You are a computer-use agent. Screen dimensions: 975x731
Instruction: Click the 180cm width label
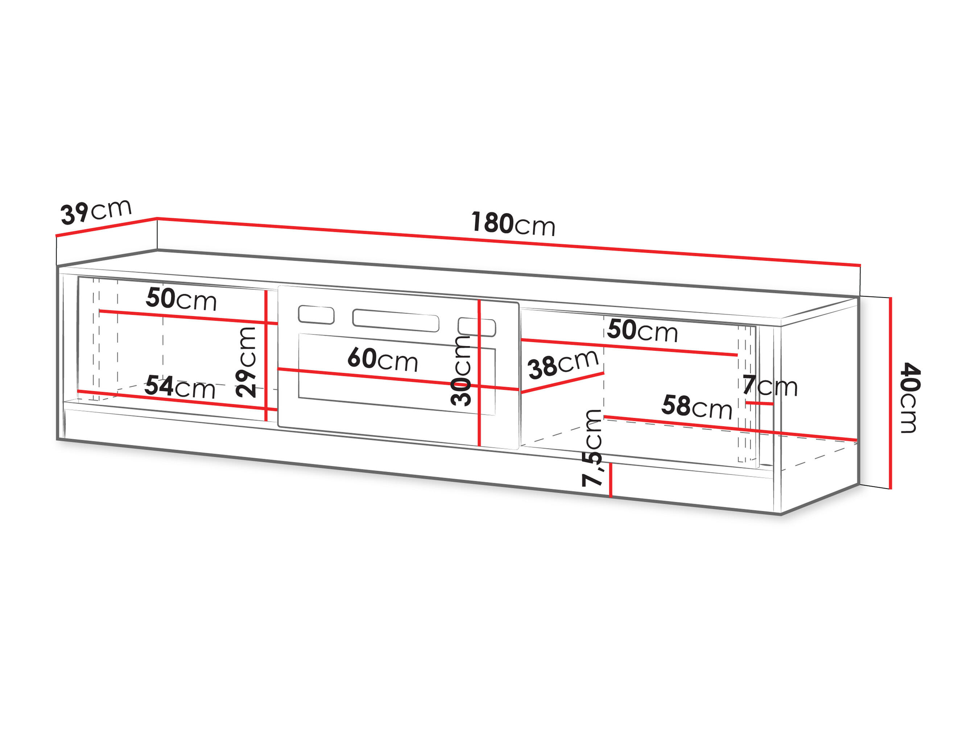point(513,224)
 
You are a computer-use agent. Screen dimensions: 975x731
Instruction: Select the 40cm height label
point(910,398)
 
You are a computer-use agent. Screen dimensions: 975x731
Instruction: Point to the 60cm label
point(383,359)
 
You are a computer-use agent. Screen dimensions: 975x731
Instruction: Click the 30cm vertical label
point(461,370)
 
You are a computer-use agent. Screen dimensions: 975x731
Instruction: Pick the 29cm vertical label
point(245,362)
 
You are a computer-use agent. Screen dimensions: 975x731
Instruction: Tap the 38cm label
point(563,364)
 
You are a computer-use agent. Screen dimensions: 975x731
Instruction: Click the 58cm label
point(697,407)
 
